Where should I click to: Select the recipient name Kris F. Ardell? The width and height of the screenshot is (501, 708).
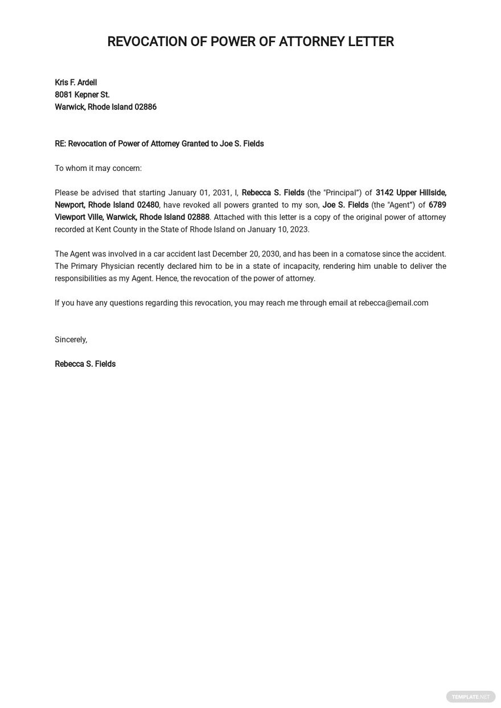click(76, 83)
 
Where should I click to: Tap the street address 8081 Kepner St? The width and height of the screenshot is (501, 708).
click(82, 95)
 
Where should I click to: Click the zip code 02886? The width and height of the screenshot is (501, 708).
click(145, 107)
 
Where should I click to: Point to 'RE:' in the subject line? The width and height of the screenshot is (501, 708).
click(60, 144)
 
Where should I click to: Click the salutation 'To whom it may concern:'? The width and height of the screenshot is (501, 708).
click(98, 168)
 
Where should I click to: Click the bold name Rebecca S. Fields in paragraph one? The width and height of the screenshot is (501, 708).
click(273, 193)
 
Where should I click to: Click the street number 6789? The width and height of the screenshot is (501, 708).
click(437, 205)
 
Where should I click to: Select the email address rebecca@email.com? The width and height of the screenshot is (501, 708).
click(393, 303)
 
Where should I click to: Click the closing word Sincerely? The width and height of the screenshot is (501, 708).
click(71, 339)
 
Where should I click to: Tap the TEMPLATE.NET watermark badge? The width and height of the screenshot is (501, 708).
click(470, 697)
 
